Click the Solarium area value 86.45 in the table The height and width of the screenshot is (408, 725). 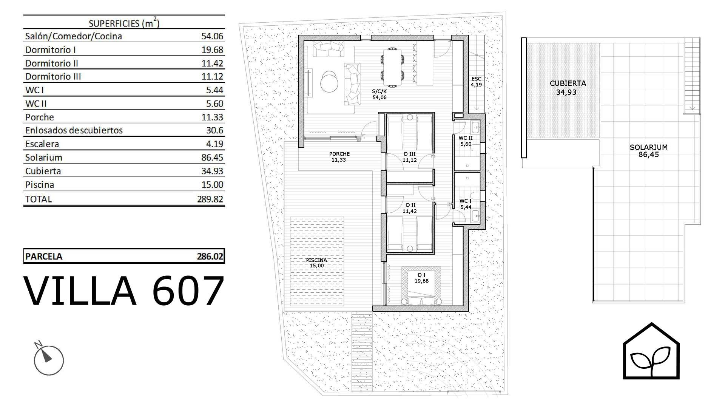[212, 158]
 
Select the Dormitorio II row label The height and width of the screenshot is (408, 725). [52, 63]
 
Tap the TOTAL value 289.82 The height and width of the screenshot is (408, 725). [210, 199]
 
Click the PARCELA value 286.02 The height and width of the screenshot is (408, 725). [210, 257]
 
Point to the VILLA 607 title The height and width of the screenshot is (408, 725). [124, 291]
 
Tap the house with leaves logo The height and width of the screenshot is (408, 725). [651, 351]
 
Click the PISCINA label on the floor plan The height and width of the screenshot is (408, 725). [316, 260]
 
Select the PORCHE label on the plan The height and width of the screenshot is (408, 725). [339, 154]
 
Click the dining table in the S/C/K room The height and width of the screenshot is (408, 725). [392, 68]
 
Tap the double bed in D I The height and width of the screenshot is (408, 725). [421, 286]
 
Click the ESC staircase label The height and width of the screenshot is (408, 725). [476, 79]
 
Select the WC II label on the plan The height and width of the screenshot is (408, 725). [466, 138]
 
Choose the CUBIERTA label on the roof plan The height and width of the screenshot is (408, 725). [568, 83]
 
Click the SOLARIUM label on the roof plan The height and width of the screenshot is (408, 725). [649, 147]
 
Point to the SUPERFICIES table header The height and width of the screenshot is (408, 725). [124, 23]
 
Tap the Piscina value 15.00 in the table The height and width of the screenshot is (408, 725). [212, 185]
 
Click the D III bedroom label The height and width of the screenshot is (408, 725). [410, 154]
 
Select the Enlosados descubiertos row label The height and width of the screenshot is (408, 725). [74, 130]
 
